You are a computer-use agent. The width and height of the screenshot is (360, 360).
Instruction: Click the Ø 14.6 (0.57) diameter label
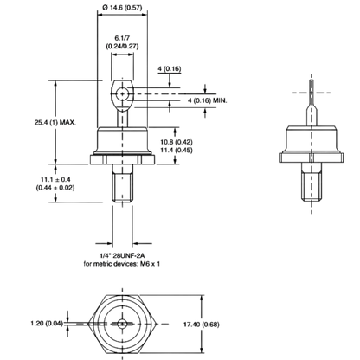point(122,8)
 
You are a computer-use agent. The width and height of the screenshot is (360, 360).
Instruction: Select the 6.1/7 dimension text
point(122,38)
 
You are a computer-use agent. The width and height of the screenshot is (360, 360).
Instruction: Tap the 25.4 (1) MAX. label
point(55,122)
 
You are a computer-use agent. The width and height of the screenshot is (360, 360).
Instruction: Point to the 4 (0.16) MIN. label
point(208,100)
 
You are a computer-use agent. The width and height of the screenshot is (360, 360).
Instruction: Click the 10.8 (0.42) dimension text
point(177,142)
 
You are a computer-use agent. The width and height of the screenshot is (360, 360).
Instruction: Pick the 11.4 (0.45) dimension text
point(177,150)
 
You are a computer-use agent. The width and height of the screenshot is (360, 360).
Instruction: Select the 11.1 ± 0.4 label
point(55,179)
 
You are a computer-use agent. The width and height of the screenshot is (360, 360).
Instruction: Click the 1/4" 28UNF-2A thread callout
point(121,255)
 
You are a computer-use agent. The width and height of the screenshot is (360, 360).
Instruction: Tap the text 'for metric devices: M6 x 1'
point(122,264)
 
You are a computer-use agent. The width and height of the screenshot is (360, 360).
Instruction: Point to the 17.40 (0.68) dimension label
point(202,325)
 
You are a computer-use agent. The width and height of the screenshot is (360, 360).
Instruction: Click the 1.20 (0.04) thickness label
point(47,324)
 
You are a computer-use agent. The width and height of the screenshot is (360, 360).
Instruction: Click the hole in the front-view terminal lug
point(123,94)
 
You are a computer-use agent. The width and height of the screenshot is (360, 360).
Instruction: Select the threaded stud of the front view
point(123,183)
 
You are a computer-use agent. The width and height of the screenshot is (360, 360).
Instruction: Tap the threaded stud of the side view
point(312,182)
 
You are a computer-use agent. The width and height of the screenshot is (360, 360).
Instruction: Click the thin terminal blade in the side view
point(312,103)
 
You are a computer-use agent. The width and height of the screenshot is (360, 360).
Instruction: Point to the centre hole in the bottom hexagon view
point(122,324)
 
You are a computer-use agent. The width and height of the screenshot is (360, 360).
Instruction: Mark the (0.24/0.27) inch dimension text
point(122,46)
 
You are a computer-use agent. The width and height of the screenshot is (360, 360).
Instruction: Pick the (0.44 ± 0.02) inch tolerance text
point(55,188)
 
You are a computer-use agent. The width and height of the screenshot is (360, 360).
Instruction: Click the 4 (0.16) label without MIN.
point(170,69)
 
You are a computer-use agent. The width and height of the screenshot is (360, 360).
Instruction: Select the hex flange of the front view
point(123,160)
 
